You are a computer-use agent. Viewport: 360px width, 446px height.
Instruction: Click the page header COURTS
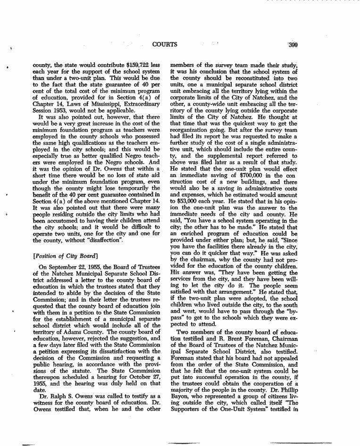point(165,45)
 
